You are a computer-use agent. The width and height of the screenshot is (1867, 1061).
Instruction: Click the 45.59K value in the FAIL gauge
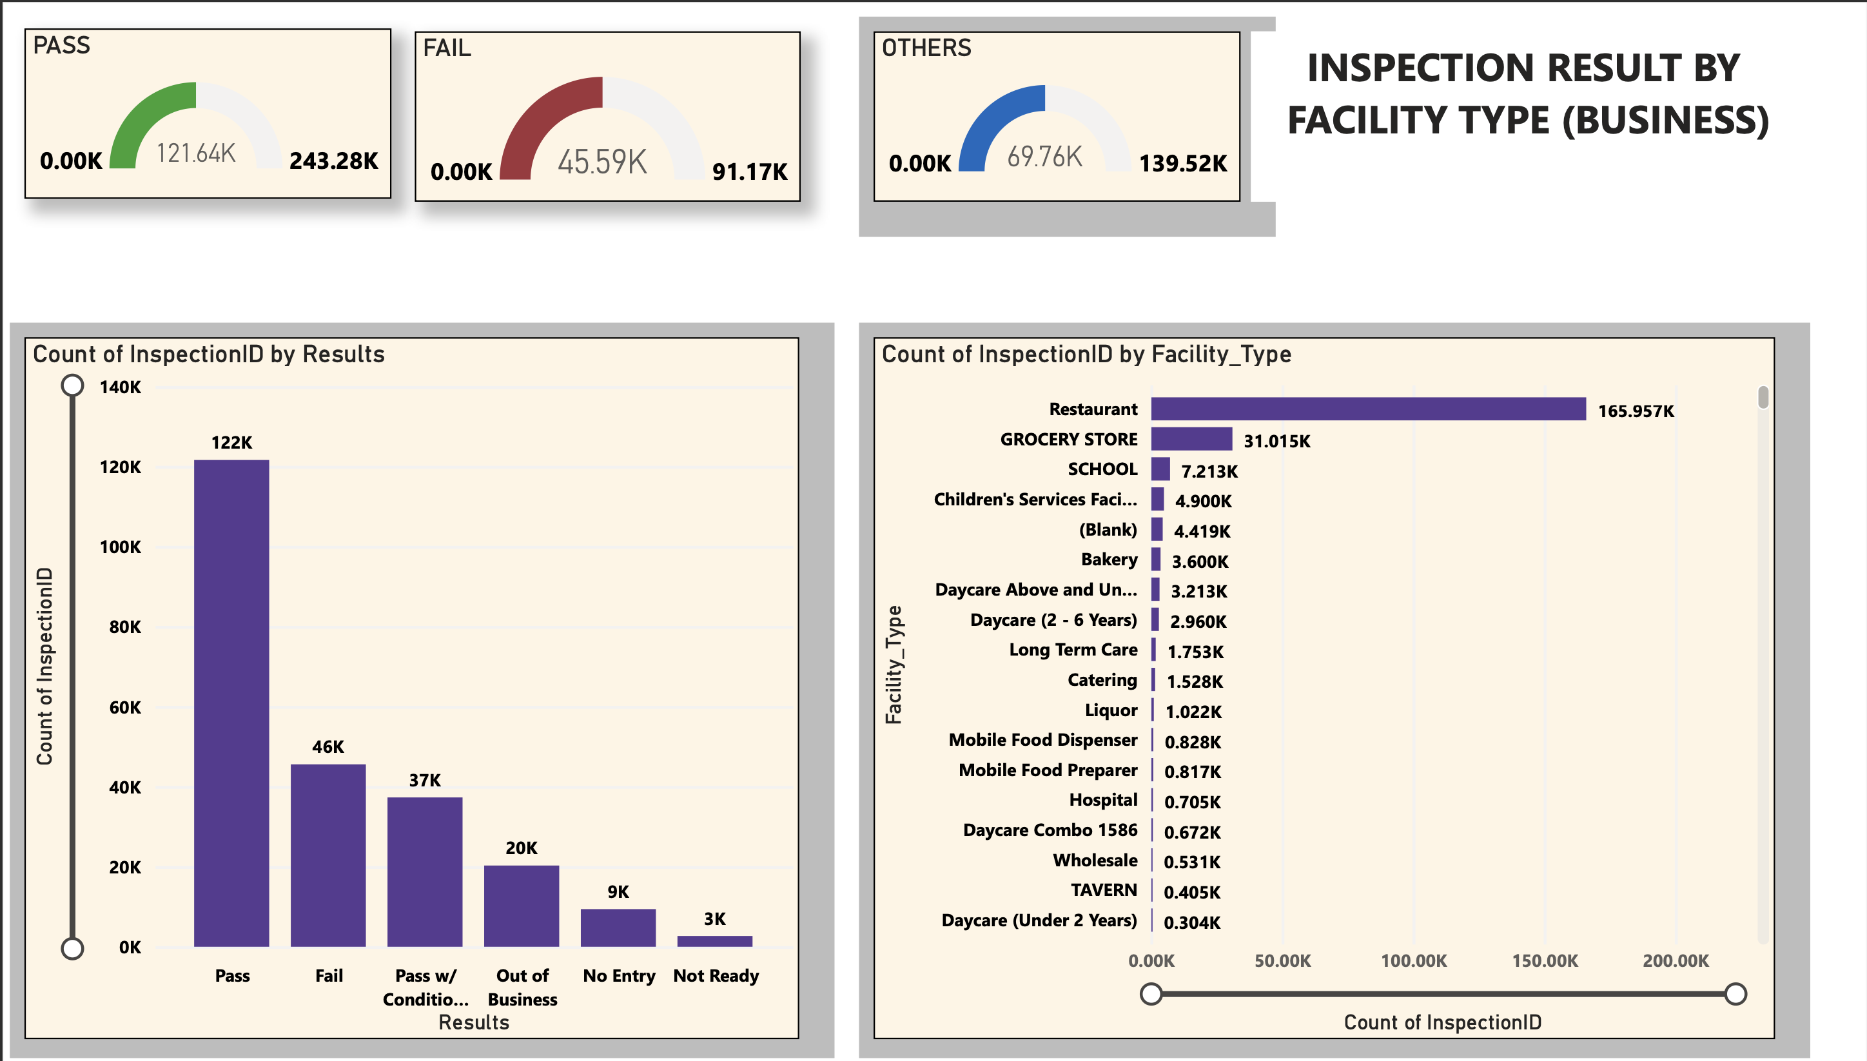pyautogui.click(x=602, y=162)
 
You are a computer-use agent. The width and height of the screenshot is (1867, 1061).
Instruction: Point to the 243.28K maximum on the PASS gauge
pyautogui.click(x=333, y=161)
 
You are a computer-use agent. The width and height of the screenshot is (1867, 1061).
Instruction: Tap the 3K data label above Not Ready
pyautogui.click(x=714, y=919)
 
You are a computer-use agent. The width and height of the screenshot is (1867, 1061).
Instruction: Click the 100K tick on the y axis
pyautogui.click(x=121, y=547)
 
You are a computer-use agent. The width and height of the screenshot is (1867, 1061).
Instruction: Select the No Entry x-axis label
pyautogui.click(x=619, y=976)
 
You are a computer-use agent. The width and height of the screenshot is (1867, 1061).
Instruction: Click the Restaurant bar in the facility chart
pyautogui.click(x=1367, y=409)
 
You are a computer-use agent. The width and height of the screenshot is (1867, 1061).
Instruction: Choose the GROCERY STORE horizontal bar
pyautogui.click(x=1191, y=440)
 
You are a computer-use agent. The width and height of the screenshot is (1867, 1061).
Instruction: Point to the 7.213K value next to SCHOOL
pyautogui.click(x=1209, y=471)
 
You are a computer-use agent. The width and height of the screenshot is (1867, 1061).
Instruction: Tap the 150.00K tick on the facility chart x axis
pyautogui.click(x=1544, y=960)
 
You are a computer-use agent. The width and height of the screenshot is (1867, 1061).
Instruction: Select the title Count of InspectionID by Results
pyautogui.click(x=208, y=354)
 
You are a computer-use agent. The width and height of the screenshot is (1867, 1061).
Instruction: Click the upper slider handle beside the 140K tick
pyautogui.click(x=72, y=385)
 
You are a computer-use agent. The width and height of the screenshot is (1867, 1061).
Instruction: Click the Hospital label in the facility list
pyautogui.click(x=1102, y=800)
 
